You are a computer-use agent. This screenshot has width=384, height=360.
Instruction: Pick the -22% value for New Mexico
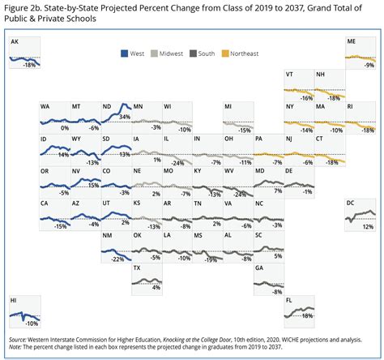pyautogui.click(x=117, y=259)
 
